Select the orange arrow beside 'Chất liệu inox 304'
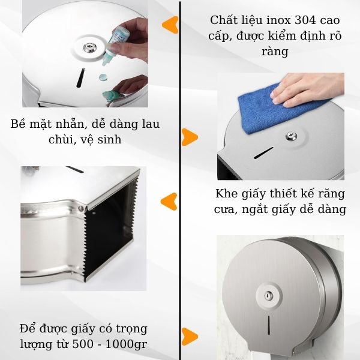tap(170, 25)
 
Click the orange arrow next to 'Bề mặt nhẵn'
tap(190, 136)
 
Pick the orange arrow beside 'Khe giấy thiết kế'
tap(170, 201)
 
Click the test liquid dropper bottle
tap(113, 45)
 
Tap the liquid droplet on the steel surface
tap(103, 77)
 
